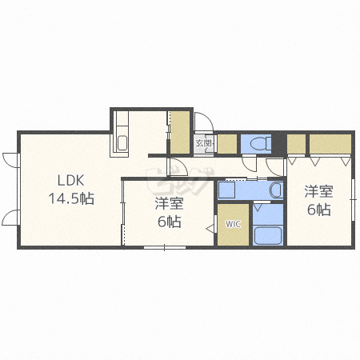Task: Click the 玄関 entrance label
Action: [204, 144]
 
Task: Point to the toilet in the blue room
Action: [258, 144]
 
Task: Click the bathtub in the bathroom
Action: [266, 236]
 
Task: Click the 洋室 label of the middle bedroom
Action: [168, 203]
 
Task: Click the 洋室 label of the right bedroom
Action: [318, 191]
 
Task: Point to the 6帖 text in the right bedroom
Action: [318, 210]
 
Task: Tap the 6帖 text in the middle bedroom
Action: [168, 222]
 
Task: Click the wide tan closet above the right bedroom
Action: [330, 143]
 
